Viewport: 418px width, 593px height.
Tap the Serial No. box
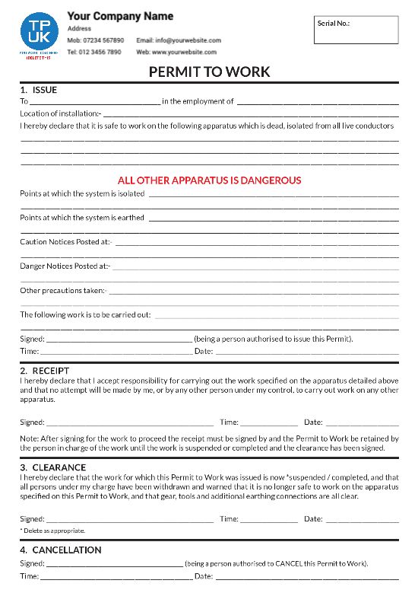(356, 30)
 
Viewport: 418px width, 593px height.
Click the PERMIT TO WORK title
(209, 72)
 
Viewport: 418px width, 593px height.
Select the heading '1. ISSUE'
(39, 90)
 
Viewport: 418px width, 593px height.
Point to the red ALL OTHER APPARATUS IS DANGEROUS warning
(209, 180)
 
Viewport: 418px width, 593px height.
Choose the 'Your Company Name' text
(120, 16)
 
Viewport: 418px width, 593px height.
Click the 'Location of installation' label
(60, 113)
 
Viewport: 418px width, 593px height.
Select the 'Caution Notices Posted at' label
(65, 242)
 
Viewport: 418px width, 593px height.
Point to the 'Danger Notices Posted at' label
(65, 266)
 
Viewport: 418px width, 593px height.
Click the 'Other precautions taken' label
(63, 291)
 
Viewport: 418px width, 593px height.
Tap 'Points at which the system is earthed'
(82, 218)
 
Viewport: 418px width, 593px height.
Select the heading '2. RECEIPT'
(45, 371)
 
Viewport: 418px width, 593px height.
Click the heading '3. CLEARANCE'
(53, 467)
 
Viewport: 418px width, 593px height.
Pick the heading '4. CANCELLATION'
(61, 550)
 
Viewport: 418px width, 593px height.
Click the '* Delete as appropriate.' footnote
(52, 531)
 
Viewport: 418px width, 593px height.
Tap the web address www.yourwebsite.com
(187, 53)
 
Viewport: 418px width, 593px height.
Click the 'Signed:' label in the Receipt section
(32, 422)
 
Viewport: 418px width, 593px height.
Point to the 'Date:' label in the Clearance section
(313, 518)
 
